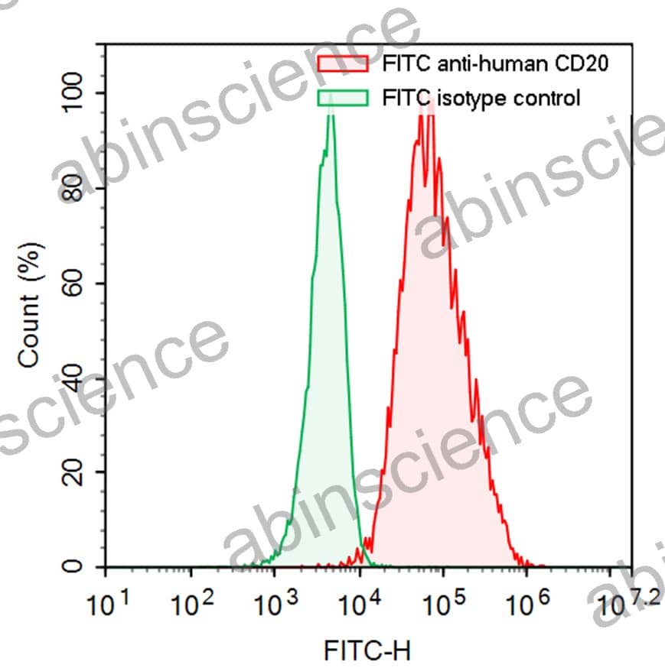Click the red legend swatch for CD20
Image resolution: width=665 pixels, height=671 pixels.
tap(342, 63)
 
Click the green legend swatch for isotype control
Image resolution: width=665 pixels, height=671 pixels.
tap(342, 98)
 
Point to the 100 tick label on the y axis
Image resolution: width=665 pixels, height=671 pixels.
tap(74, 93)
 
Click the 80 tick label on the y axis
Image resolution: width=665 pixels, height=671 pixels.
tap(74, 188)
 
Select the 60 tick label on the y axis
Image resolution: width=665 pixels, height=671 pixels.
tap(74, 283)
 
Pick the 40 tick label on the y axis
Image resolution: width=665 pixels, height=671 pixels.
tap(74, 378)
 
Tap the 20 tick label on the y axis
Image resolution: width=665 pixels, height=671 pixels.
tap(74, 472)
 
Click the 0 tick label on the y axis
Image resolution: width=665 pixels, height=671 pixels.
tap(74, 567)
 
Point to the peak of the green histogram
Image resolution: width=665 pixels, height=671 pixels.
tap(331, 111)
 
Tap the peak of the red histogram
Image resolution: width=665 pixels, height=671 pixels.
tap(427, 103)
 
